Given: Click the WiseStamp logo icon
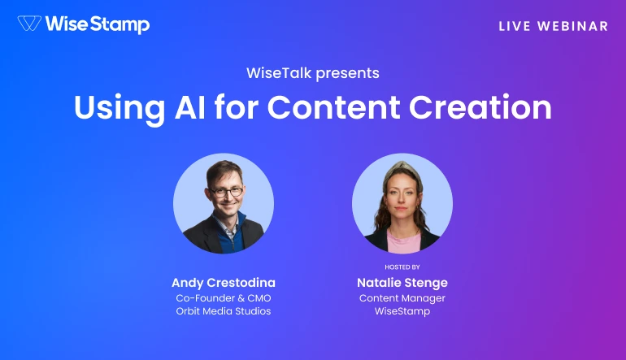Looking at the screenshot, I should pos(30,24).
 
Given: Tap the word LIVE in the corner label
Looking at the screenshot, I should pos(514,26).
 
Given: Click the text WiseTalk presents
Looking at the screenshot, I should pos(313,73).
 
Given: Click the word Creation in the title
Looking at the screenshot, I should pos(490,107).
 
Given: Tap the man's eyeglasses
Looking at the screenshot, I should pos(225,192).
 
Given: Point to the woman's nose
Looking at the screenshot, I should pos(402,202).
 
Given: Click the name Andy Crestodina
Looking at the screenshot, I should pos(224,283).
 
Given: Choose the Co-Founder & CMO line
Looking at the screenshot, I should pos(224,298).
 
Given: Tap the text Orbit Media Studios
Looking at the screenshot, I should pos(224,312).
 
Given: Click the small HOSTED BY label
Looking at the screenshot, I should pos(402,267).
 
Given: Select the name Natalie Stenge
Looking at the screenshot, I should pos(402,283).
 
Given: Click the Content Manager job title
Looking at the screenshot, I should pos(402,298).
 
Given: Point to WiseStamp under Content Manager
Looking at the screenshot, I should pos(402,312).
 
